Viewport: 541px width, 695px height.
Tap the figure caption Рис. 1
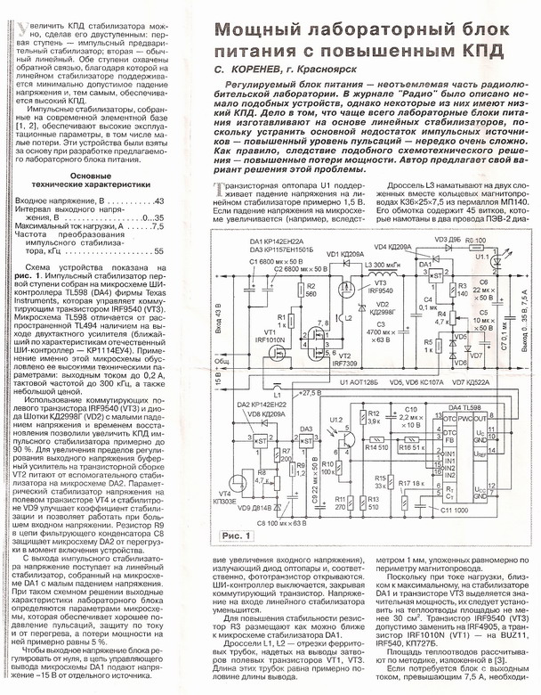coord(235,535)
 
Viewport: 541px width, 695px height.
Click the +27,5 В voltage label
coord(311,392)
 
